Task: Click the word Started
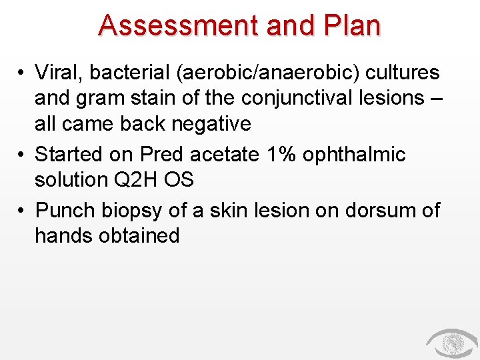click(x=75, y=154)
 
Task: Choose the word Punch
click(x=65, y=210)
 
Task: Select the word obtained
click(x=141, y=235)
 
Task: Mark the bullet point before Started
click(x=22, y=155)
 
